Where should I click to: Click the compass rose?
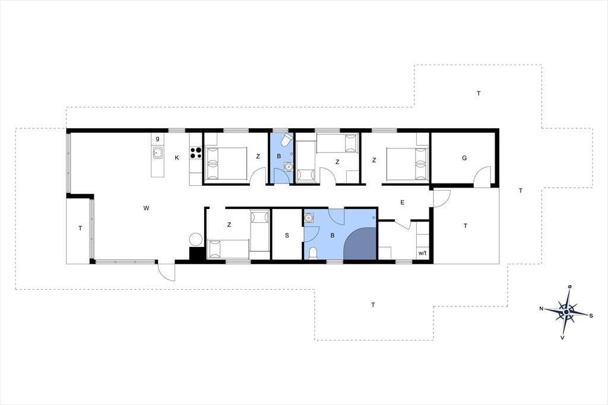[566, 312]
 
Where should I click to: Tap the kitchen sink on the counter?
[157, 153]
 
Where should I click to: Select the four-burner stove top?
[196, 153]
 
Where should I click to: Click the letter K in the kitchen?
[177, 158]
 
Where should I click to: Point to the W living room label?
[146, 208]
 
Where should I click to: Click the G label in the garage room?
[464, 158]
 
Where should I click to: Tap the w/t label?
[422, 254]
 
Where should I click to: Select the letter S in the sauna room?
[287, 235]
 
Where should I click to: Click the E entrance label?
[403, 202]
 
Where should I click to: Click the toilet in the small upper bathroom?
[286, 140]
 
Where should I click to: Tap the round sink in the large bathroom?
[309, 218]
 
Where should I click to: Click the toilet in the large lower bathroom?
[312, 254]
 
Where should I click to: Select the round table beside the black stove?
[195, 239]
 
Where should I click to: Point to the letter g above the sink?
[157, 138]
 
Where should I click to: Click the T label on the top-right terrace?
[479, 93]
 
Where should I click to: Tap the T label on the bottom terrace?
[373, 305]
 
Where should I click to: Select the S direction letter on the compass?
[591, 316]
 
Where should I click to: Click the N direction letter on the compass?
[541, 309]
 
